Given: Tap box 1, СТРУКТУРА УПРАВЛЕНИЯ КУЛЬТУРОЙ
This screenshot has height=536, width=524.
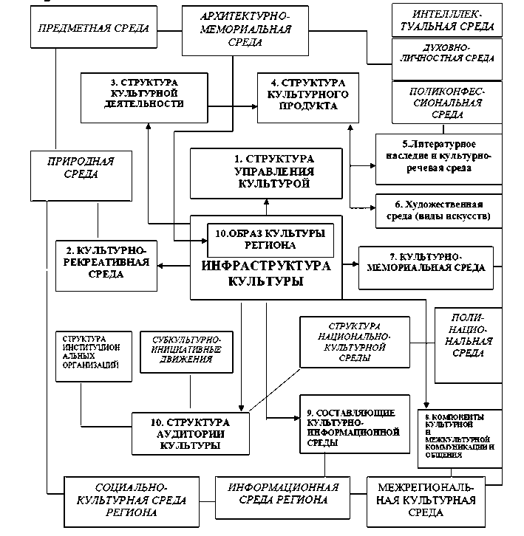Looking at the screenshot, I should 266,172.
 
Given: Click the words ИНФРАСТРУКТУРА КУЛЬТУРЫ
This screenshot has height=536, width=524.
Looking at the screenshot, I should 265,274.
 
